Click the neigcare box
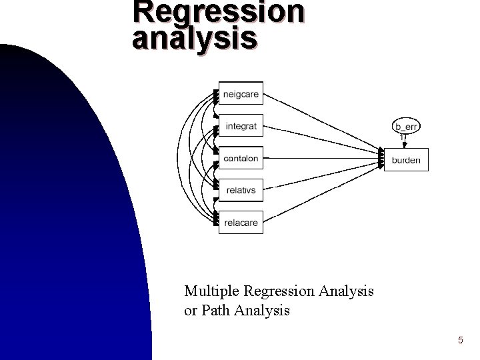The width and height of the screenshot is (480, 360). [x=241, y=94]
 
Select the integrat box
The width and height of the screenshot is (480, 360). [x=241, y=126]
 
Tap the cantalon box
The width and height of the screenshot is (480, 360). [x=241, y=159]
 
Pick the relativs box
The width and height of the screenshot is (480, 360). [x=241, y=191]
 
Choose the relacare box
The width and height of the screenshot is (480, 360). [x=241, y=223]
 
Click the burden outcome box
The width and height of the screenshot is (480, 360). [x=406, y=160]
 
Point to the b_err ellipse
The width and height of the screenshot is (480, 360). [x=406, y=126]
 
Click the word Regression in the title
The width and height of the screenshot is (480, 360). [x=218, y=11]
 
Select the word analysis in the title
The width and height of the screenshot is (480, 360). [x=194, y=37]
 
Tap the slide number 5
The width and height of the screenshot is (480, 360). [x=460, y=341]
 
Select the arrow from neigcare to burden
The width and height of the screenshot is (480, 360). [x=320, y=121]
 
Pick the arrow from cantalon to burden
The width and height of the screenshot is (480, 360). [x=320, y=159]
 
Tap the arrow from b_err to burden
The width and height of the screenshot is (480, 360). [x=404, y=141]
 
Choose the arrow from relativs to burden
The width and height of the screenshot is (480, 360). [x=320, y=177]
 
